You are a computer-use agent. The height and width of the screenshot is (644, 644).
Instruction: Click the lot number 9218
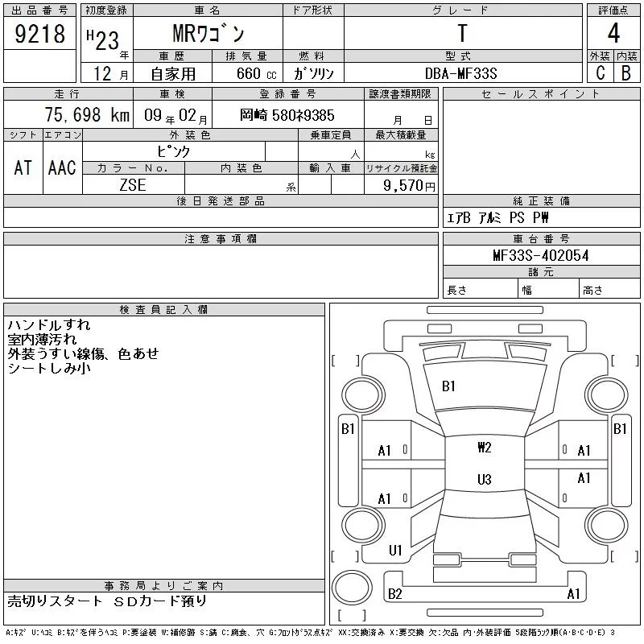[39, 34]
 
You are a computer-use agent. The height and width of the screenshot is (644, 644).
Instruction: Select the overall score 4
[613, 33]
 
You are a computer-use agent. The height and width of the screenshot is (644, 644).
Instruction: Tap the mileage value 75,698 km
[87, 115]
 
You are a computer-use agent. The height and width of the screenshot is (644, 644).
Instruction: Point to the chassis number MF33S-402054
[541, 255]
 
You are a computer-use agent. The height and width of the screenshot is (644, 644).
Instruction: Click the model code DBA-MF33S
[460, 73]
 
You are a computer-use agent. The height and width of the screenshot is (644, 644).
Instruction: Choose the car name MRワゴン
[208, 33]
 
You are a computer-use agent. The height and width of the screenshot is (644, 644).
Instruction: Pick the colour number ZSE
[133, 185]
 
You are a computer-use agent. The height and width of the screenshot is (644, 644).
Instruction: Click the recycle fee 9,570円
[409, 186]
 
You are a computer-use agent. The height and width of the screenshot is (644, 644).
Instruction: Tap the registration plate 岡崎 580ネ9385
[287, 115]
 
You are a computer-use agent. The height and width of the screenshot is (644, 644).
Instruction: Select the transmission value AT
[23, 167]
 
